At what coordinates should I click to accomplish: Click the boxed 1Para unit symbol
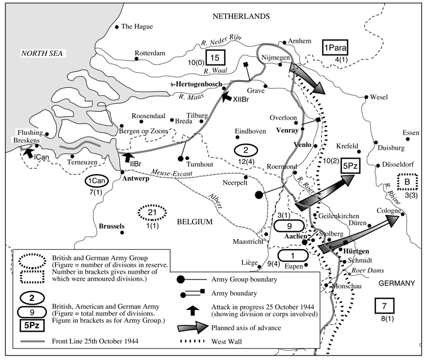[x=335, y=48]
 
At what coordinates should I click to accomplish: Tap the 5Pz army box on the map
[x=350, y=166]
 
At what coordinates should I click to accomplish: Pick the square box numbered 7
[x=384, y=306]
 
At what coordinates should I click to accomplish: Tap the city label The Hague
[x=137, y=26]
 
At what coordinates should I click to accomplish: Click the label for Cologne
[x=388, y=211]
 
